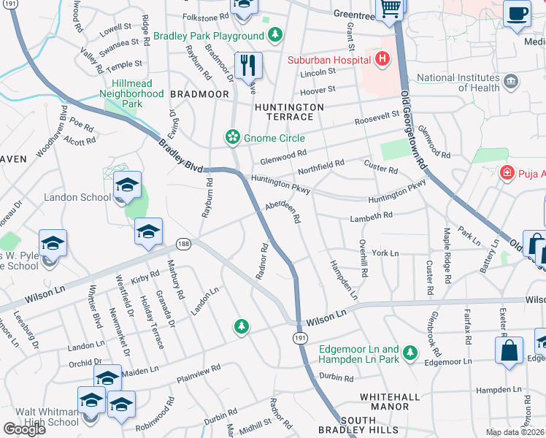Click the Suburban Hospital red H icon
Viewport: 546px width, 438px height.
click(x=380, y=58)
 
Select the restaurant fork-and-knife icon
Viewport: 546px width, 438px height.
click(x=248, y=66)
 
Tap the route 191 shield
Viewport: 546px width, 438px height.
click(x=300, y=338)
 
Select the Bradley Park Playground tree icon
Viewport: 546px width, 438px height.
click(x=274, y=34)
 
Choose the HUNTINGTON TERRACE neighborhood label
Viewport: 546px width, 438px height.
click(x=289, y=112)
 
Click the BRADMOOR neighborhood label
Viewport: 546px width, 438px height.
click(x=199, y=94)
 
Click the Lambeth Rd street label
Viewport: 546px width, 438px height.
click(x=372, y=215)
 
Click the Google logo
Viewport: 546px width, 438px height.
click(x=24, y=429)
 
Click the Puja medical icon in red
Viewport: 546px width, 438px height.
click(x=506, y=173)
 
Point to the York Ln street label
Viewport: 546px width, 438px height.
click(x=385, y=253)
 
